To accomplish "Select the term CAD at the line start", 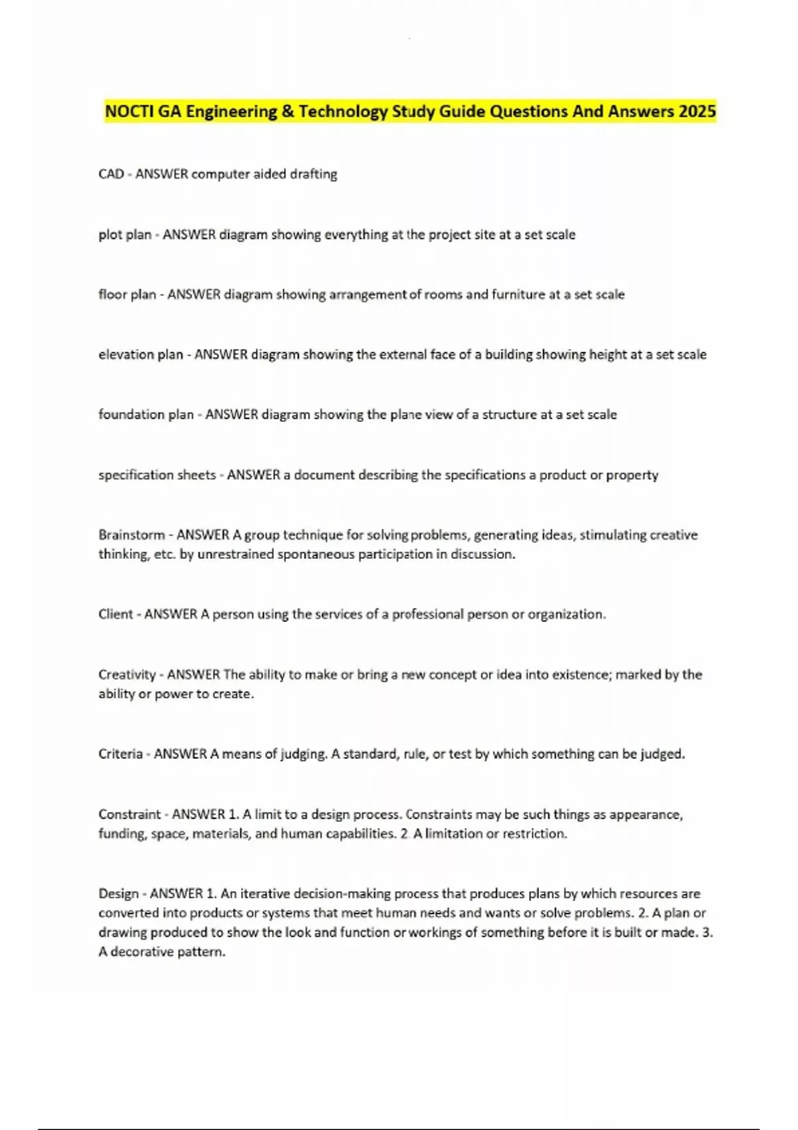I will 111,174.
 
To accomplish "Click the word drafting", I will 313,174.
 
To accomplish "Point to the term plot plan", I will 125,235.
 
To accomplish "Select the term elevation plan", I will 140,354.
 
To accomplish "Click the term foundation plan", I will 146,415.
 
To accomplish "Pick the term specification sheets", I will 157,475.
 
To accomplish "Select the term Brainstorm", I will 132,535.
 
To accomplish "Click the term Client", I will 116,614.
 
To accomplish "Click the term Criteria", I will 120,754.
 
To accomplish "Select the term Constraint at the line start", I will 130,814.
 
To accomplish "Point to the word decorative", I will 143,952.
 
